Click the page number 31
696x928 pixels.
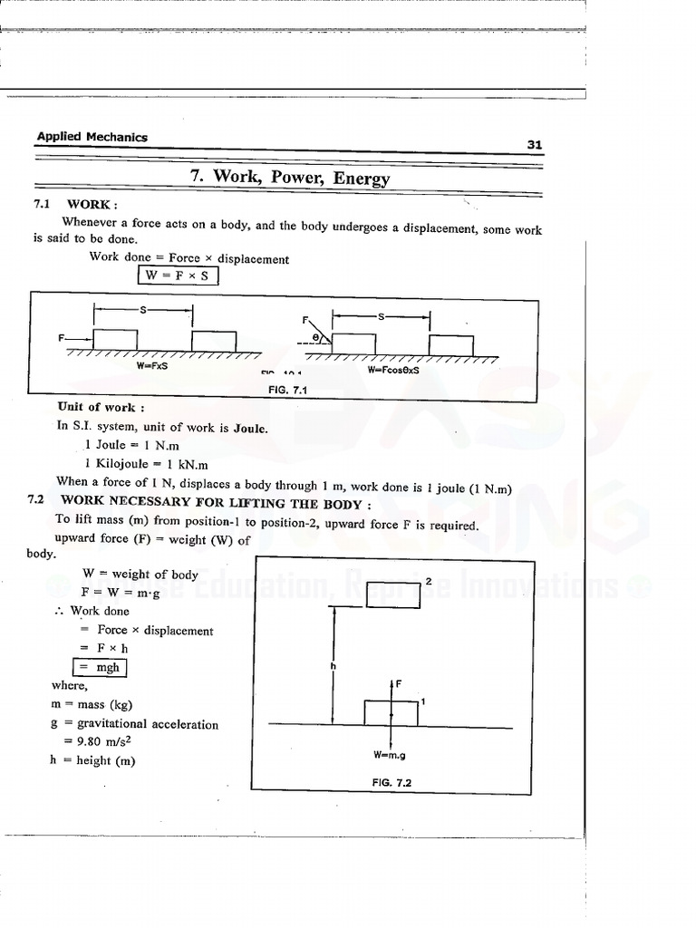click(x=534, y=145)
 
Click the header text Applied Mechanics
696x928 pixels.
click(x=92, y=137)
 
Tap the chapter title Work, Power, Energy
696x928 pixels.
click(x=290, y=177)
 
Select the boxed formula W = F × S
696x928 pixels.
click(x=178, y=275)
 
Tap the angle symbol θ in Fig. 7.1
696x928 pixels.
click(x=315, y=336)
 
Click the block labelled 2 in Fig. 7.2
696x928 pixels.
click(x=393, y=594)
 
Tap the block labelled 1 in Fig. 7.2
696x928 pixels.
click(x=391, y=712)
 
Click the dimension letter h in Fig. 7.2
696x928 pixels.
click(x=333, y=666)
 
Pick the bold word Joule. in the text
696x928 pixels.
click(x=251, y=428)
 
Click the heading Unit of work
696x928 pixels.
click(x=95, y=407)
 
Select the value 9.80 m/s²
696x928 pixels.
click(x=112, y=742)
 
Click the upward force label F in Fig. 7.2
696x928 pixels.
click(x=396, y=684)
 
